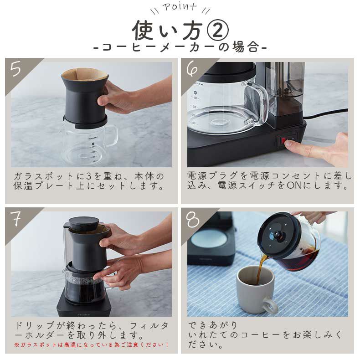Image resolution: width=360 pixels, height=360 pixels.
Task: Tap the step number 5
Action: pos(16,69)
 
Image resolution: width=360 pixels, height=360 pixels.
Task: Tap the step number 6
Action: pos(193,69)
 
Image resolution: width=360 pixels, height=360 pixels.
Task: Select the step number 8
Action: pos(193,220)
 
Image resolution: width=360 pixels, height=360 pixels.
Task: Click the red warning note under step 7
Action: pos(91,345)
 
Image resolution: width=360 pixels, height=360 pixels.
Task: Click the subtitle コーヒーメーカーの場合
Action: pos(180,47)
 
